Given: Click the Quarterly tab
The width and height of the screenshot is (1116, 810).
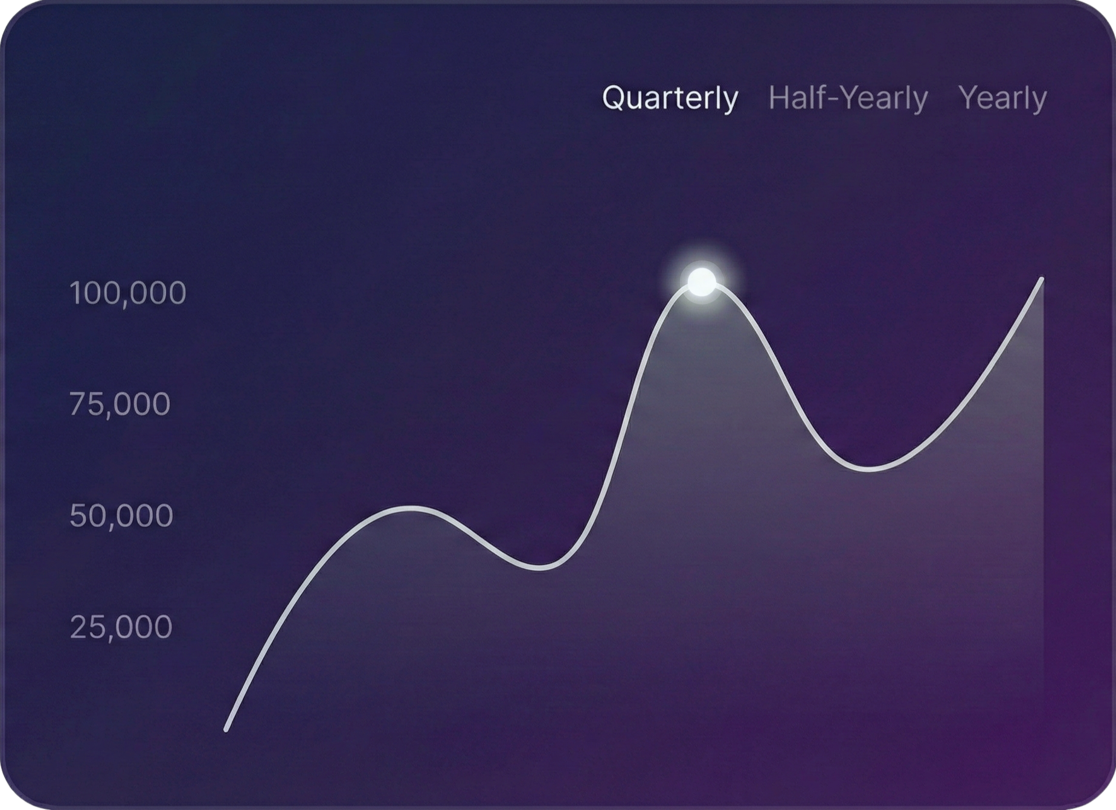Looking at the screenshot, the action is pyautogui.click(x=670, y=98).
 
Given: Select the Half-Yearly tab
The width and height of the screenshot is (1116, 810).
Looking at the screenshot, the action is pyautogui.click(x=848, y=98).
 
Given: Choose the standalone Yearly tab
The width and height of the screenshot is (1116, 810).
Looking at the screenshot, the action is pyautogui.click(x=1002, y=98).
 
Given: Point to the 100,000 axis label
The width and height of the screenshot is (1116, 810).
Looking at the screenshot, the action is pyautogui.click(x=128, y=293).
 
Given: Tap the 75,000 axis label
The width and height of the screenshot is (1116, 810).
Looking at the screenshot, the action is pyautogui.click(x=120, y=404).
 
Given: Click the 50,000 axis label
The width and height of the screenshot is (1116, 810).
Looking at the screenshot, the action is pyautogui.click(x=121, y=516).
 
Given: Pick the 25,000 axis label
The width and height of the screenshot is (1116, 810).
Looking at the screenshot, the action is pyautogui.click(x=121, y=627).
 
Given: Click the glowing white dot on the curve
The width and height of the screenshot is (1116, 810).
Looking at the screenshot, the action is pyautogui.click(x=702, y=282).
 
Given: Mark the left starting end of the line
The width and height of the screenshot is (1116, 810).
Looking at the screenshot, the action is pyautogui.click(x=226, y=729).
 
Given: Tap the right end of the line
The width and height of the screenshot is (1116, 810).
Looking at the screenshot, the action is pyautogui.click(x=1042, y=279).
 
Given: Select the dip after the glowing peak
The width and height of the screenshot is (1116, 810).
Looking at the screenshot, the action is pyautogui.click(x=870, y=468).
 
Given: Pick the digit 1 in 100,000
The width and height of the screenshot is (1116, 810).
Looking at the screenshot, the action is pyautogui.click(x=75, y=293).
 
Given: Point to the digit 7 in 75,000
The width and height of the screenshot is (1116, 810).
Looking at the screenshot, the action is pyautogui.click(x=79, y=404).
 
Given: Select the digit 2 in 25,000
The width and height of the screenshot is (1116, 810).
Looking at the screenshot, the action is pyautogui.click(x=79, y=627).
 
